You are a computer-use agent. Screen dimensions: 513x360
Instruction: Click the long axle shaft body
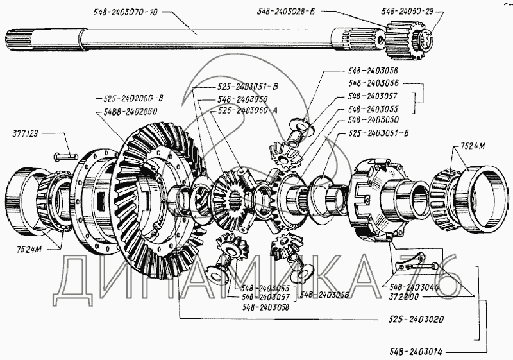coord(192,40)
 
